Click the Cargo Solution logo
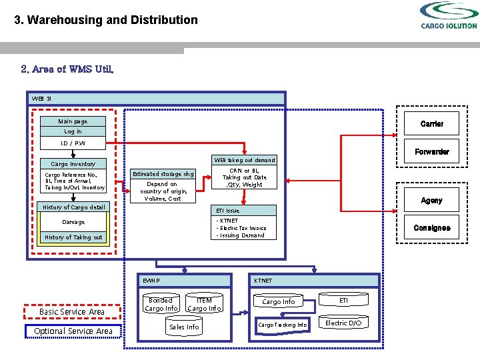click(449, 15)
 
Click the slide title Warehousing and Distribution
click(106, 20)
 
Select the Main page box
click(73, 121)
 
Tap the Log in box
click(73, 131)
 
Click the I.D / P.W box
click(73, 143)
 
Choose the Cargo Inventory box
click(73, 163)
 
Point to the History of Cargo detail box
click(73, 207)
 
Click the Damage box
click(73, 222)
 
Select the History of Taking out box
click(73, 237)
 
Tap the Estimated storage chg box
click(163, 174)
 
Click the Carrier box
click(431, 124)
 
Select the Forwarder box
click(431, 151)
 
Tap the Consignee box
click(431, 227)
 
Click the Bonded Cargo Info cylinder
click(161, 304)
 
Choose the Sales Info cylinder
click(184, 327)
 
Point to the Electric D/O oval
click(343, 323)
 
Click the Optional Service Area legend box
click(73, 331)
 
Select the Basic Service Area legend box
click(72, 311)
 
